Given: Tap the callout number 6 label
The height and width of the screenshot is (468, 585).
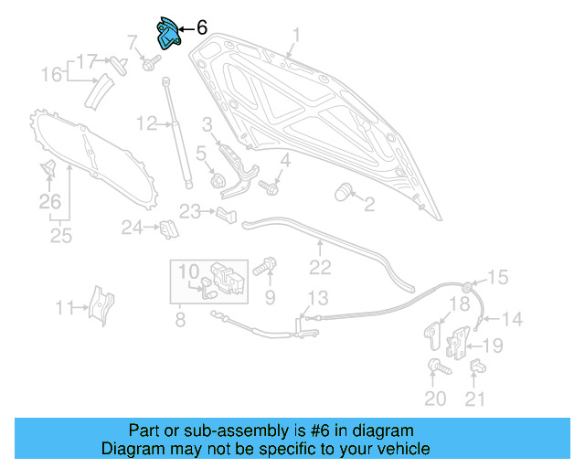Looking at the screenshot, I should click(201, 28).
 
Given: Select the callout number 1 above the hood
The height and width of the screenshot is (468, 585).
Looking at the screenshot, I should click(296, 37).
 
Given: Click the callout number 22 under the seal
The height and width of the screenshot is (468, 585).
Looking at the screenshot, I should click(319, 268).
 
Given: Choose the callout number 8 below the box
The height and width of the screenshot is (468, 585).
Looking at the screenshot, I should click(180, 320).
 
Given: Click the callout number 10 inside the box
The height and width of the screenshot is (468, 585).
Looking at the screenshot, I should click(187, 271).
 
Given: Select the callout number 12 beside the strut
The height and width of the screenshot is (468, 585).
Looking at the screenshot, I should click(147, 123).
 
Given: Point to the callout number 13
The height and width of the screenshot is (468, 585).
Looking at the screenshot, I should click(316, 297).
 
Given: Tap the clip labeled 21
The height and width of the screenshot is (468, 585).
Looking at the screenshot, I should click(476, 367).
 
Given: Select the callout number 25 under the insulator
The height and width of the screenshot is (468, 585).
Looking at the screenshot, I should click(60, 236).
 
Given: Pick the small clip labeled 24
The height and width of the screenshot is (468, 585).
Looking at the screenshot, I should click(168, 228).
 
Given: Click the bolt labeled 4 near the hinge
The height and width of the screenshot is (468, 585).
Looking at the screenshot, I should click(269, 187).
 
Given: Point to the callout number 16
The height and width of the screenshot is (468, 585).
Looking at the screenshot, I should click(52, 74).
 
